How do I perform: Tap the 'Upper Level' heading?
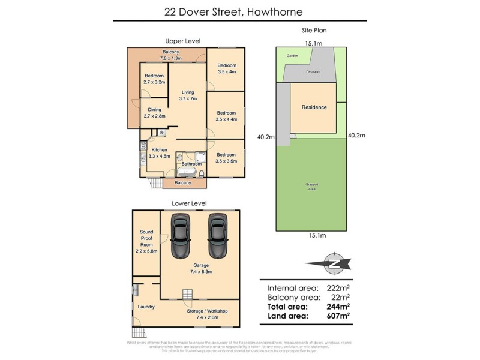point(182,41)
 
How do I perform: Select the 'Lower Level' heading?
point(185,203)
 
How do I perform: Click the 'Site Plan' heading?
point(313,30)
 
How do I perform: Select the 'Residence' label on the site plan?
point(314,107)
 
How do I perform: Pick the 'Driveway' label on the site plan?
point(313,71)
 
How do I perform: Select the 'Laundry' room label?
point(146,307)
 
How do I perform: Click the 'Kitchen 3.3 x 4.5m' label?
point(159,152)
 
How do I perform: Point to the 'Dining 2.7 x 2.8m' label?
point(154,113)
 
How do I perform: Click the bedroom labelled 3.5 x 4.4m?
point(226,116)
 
